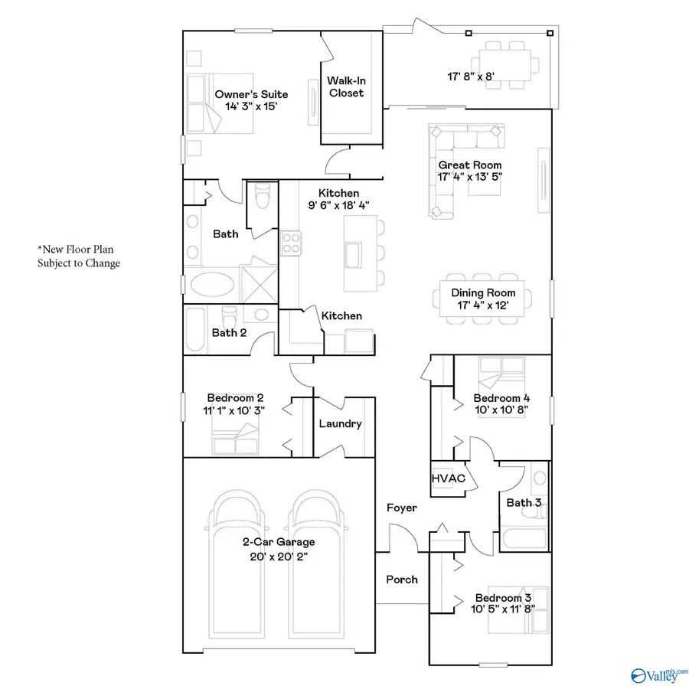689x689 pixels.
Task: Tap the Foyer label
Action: [x=401, y=508]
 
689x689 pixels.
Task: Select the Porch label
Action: [x=401, y=580]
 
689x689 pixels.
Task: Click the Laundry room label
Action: [x=340, y=424]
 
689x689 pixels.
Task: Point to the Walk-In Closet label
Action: [x=345, y=87]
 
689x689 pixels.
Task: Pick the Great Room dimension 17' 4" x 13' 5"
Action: [x=470, y=177]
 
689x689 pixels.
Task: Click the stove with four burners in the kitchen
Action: [x=291, y=243]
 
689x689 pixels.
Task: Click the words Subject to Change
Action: [x=79, y=263]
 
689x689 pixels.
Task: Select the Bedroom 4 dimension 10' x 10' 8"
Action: [x=501, y=410]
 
